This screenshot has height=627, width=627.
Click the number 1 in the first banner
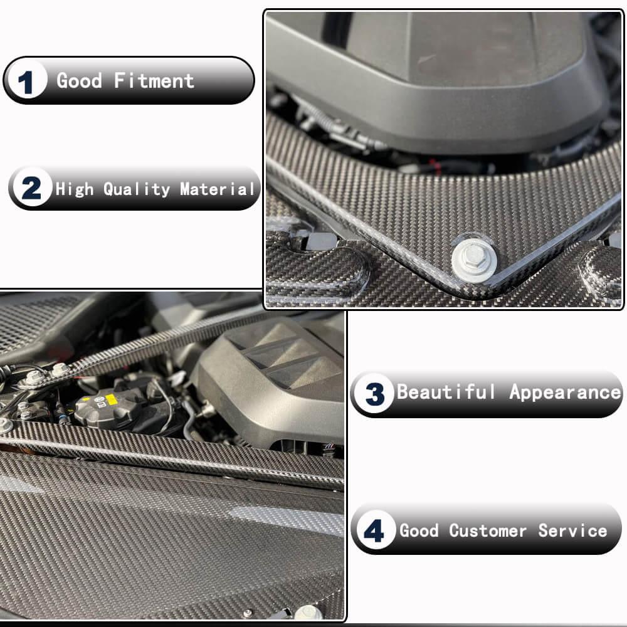point(25,82)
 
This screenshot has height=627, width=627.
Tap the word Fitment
point(154,81)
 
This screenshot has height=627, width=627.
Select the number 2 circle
point(31,187)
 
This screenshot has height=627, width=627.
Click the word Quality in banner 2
point(136,189)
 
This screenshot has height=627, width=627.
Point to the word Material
point(217,189)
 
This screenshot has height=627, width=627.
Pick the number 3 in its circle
point(375,394)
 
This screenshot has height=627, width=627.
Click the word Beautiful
point(445,391)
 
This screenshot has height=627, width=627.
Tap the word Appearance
point(565,393)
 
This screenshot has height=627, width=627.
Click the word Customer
point(487,530)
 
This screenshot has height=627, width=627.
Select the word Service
point(572,530)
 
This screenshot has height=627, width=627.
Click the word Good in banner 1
point(79,80)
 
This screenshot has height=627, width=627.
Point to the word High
point(75,189)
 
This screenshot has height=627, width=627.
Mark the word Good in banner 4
point(419,530)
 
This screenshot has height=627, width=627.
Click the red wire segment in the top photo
point(433,164)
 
